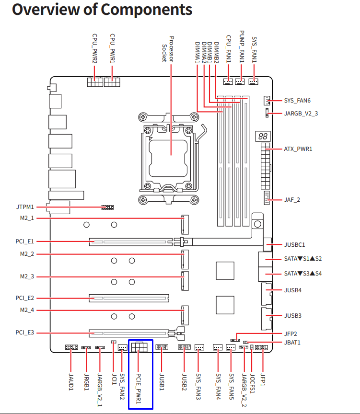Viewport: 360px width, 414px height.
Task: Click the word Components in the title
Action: (x=147, y=10)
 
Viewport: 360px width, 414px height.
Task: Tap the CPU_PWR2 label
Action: (x=94, y=48)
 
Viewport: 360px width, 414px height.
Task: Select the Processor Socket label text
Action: (x=168, y=49)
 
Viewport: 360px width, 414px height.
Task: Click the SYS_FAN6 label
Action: (x=297, y=101)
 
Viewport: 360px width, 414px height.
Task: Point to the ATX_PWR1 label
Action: (x=298, y=149)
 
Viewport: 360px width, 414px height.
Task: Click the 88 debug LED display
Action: (x=263, y=136)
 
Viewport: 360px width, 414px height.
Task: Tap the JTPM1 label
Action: (x=25, y=207)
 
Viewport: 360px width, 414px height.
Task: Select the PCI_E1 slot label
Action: (x=25, y=241)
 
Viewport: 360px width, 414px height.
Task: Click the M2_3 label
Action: (x=27, y=276)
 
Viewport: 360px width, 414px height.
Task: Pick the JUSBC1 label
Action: (x=294, y=245)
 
